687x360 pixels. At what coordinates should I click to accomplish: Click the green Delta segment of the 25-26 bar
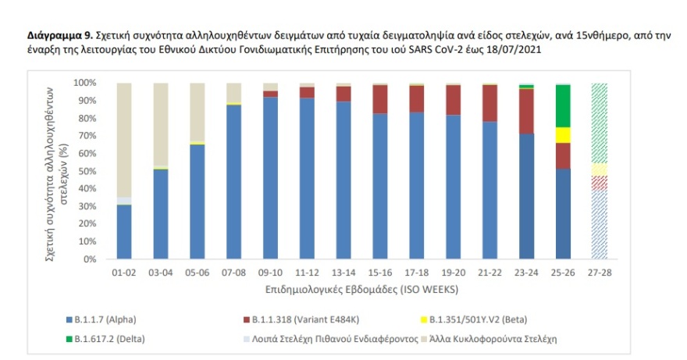tap(562, 105)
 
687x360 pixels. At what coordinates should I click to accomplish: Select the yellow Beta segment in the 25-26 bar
tap(562, 134)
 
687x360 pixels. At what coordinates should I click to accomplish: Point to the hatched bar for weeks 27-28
tap(599, 172)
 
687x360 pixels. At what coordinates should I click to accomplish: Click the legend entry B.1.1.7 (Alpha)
tap(101, 320)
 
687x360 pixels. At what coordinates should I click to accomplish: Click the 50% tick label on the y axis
tap(85, 171)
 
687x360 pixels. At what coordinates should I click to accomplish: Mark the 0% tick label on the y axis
tap(87, 259)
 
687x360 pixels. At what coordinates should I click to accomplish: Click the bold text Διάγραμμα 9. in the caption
tap(60, 36)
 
